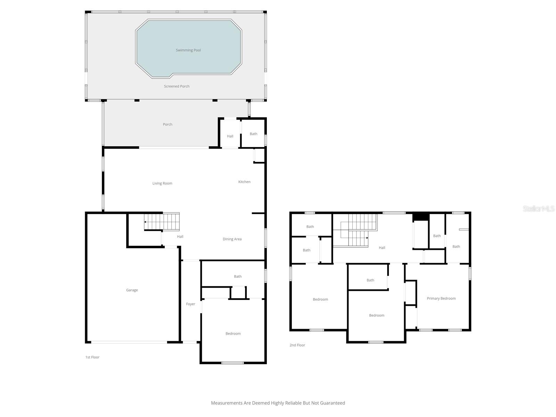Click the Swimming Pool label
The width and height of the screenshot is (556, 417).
[188, 50]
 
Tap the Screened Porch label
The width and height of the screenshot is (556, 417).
[177, 86]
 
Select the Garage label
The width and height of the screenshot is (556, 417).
[132, 290]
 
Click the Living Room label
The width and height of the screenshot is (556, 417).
[162, 183]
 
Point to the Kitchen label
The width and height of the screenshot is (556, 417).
[244, 182]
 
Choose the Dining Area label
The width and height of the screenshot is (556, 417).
[232, 239]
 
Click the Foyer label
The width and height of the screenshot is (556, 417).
[190, 304]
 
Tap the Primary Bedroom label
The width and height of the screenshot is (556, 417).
[441, 298]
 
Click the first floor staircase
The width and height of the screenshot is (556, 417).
[162, 222]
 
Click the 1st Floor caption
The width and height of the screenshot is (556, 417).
[92, 357]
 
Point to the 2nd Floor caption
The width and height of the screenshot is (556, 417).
[297, 345]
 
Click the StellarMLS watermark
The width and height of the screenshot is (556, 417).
[538, 208]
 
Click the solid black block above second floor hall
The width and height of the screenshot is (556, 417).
[421, 216]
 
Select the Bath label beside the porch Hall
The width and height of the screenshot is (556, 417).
[253, 134]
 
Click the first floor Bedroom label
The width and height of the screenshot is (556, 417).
[233, 333]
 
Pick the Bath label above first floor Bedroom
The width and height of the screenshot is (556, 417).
[237, 276]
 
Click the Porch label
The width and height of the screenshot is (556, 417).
[167, 124]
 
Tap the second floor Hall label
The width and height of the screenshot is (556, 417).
[382, 247]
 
